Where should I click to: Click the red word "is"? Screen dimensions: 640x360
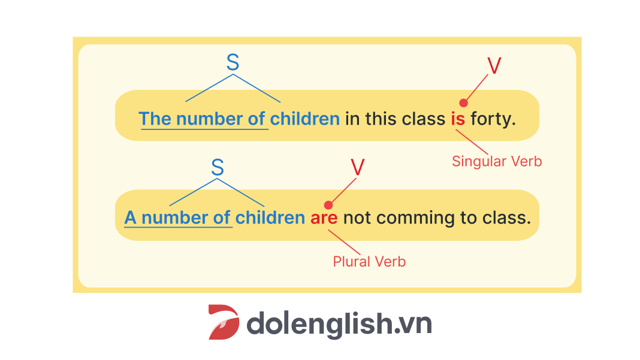coord(458,119)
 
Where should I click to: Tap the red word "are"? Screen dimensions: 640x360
coord(324,219)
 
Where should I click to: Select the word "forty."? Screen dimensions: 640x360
coord(493,119)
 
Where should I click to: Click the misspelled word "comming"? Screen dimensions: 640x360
coord(415,219)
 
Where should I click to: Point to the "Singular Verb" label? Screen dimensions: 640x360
coord(497,162)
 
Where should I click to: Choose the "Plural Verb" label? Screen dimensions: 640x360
coord(369,262)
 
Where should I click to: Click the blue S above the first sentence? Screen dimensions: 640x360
coord(233,62)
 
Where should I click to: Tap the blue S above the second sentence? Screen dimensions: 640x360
coord(218,167)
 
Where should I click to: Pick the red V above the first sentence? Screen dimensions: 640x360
coord(494,66)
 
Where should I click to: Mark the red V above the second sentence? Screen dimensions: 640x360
coord(358,167)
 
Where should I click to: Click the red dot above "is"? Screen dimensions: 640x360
coord(463,103)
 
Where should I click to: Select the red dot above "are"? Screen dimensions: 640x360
coord(328,205)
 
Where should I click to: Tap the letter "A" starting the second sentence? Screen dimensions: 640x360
coord(130,218)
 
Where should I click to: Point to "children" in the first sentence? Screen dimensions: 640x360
coord(305,119)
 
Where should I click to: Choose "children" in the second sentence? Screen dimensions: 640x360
coord(270,218)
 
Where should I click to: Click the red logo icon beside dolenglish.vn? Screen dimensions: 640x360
coord(224,322)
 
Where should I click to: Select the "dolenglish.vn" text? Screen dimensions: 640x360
coord(339,324)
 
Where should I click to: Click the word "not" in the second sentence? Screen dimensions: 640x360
coord(357,219)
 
